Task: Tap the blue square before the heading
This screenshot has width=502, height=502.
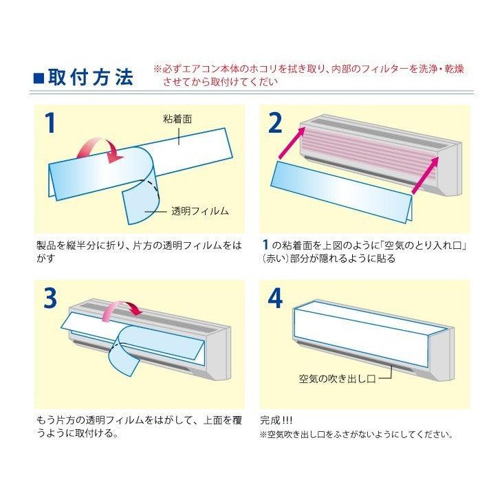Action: pos(39,77)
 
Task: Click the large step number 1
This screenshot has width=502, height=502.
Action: pos(49,123)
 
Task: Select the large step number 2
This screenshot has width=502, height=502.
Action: pos(274,123)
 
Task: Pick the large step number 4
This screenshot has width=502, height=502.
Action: pos(275,298)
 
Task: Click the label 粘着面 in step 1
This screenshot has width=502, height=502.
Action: pos(177,118)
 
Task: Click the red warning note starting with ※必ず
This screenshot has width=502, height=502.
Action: pos(308,76)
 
